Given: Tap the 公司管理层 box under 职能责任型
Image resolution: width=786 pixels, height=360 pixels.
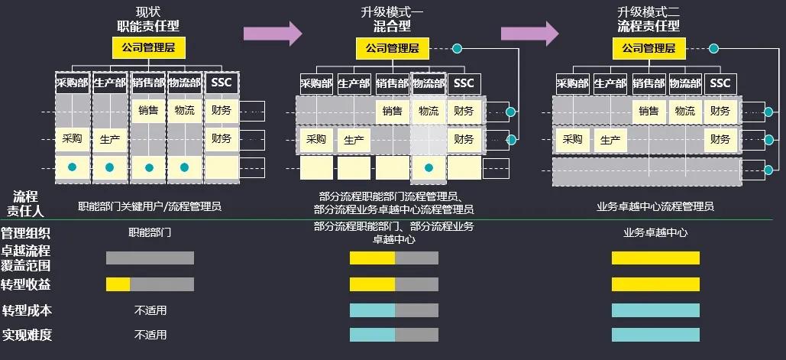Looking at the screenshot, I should tap(149, 48).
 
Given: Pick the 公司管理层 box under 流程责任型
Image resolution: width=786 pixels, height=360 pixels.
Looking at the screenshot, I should tap(649, 48).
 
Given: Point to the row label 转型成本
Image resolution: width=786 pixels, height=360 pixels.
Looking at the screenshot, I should tap(27, 310).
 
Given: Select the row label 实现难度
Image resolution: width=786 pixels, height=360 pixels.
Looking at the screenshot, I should tap(27, 335).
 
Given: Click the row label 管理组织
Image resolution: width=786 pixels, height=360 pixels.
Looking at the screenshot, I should tap(27, 233).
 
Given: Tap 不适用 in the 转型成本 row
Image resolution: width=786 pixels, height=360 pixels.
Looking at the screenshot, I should tap(150, 310).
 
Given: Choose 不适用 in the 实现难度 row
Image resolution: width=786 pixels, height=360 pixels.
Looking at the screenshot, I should tap(150, 335).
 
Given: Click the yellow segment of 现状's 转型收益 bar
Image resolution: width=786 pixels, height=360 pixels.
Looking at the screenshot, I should tap(118, 284).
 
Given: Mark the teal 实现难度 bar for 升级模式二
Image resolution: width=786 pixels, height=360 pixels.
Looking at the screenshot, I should tap(655, 335).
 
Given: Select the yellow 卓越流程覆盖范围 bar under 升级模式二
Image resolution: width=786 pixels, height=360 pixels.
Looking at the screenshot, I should tap(655, 258).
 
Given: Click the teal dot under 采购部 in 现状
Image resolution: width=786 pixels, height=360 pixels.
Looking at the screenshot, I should tap(72, 167).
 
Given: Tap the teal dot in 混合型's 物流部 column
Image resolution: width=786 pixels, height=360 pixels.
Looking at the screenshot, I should tap(429, 167).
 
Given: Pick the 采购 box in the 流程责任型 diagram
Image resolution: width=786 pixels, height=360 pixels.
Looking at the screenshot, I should tap(573, 140).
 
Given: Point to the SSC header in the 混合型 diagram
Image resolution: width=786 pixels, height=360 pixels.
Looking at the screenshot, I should tap(463, 83).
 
